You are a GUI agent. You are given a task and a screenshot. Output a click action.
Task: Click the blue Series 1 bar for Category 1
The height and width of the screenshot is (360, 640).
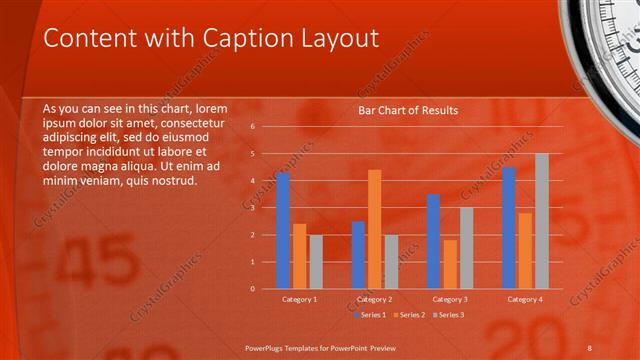pyautogui.click(x=283, y=231)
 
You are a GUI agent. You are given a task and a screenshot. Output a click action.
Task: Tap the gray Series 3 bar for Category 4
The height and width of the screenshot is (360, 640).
pyautogui.click(x=541, y=221)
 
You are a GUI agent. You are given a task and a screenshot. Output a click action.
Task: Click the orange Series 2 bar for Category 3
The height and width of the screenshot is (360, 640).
pyautogui.click(x=449, y=264)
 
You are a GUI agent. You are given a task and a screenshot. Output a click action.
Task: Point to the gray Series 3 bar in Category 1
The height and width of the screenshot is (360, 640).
pyautogui.click(x=316, y=262)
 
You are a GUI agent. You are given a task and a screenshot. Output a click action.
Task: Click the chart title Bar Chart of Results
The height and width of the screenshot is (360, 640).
pyautogui.click(x=408, y=110)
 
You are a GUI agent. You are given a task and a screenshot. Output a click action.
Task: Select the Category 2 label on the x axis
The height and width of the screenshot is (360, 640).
pyautogui.click(x=374, y=299)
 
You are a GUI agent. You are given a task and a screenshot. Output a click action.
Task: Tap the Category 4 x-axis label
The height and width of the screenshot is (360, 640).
pyautogui.click(x=525, y=299)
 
